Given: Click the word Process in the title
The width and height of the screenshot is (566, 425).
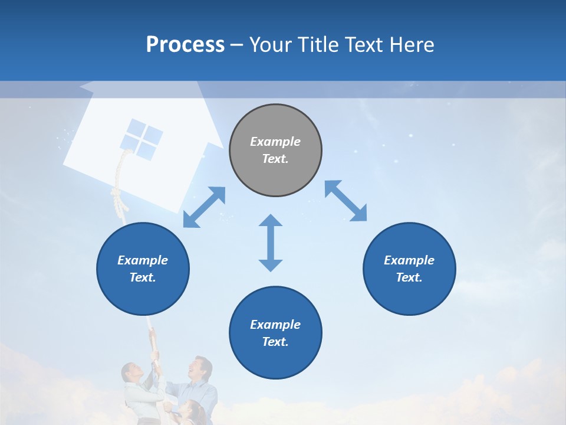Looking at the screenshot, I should coord(185,45).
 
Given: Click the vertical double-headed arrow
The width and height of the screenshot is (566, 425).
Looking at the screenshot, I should coord(271,243).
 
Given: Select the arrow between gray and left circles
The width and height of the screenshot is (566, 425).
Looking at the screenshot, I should coord(204,207).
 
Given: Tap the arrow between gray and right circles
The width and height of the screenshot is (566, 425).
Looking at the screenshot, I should coord(346,201).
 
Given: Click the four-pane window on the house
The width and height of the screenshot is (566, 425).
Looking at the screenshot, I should coord(141,138).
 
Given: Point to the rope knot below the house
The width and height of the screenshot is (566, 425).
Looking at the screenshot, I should coord(120,198).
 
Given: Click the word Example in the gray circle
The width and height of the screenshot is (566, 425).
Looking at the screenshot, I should coord(275,142).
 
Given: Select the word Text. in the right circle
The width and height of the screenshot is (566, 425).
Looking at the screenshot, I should coord(409,277).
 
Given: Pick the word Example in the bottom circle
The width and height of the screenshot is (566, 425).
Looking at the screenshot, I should coord(275,325).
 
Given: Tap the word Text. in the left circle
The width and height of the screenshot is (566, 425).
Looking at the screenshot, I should coord(143,277).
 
